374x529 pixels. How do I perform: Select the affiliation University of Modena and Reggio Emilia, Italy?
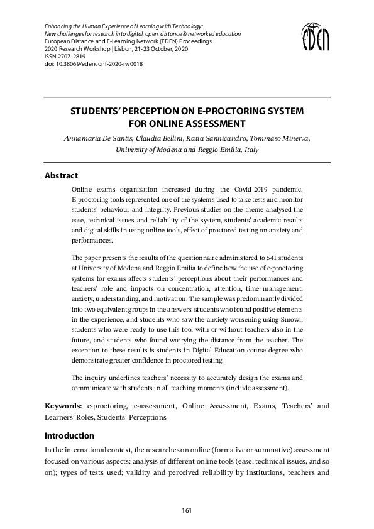pyautogui.click(x=187, y=150)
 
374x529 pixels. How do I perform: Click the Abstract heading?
pyautogui.click(x=61, y=176)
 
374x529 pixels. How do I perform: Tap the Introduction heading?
pyautogui.click(x=69, y=435)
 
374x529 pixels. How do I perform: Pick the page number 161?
pyautogui.click(x=187, y=511)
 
